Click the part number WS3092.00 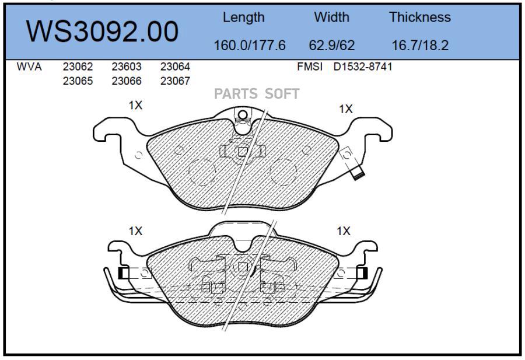[102, 32]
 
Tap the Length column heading [243, 18]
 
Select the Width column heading [331, 17]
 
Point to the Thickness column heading [420, 17]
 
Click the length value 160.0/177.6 [250, 45]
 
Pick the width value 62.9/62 [331, 45]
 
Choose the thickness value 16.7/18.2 [420, 45]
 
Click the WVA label [29, 67]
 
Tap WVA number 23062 [78, 67]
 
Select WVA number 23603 [127, 67]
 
